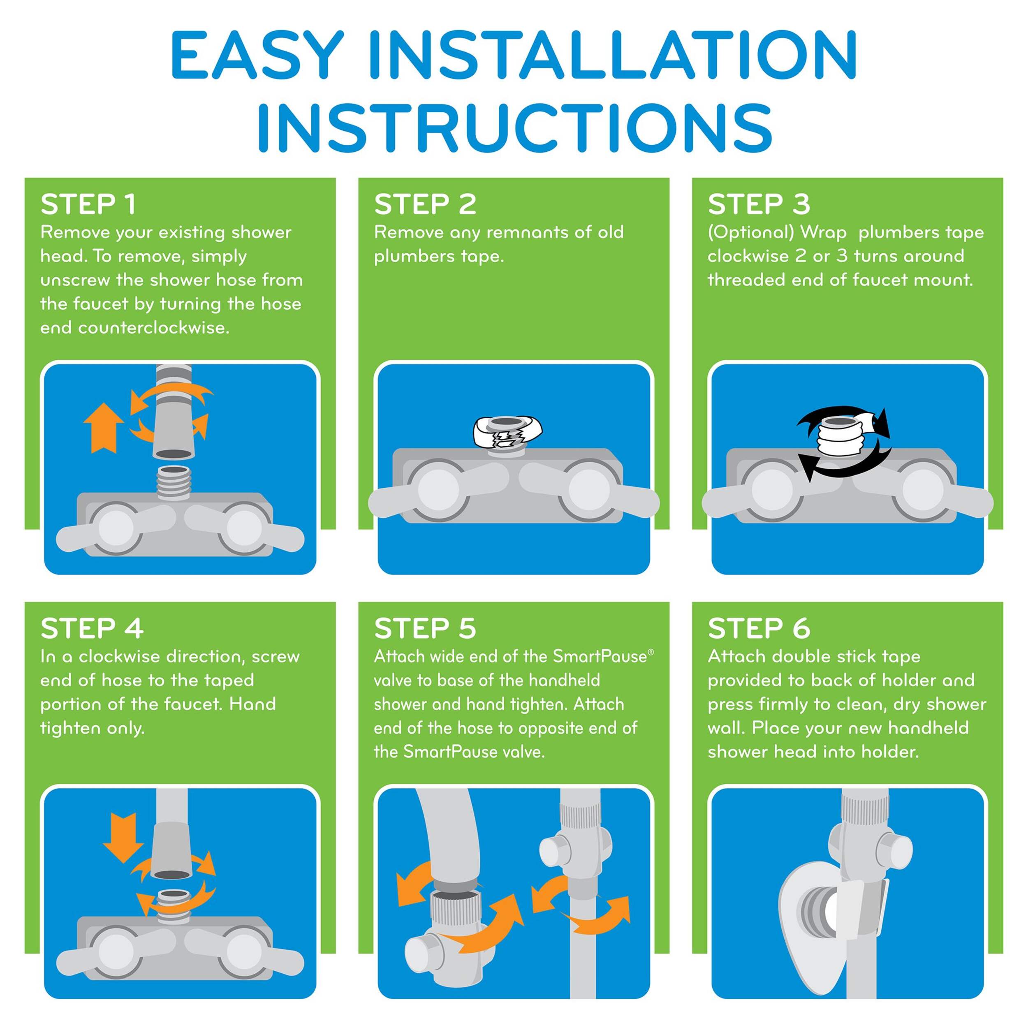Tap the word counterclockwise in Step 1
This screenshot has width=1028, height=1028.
pos(154,328)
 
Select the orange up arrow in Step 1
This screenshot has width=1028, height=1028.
pos(104,427)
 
